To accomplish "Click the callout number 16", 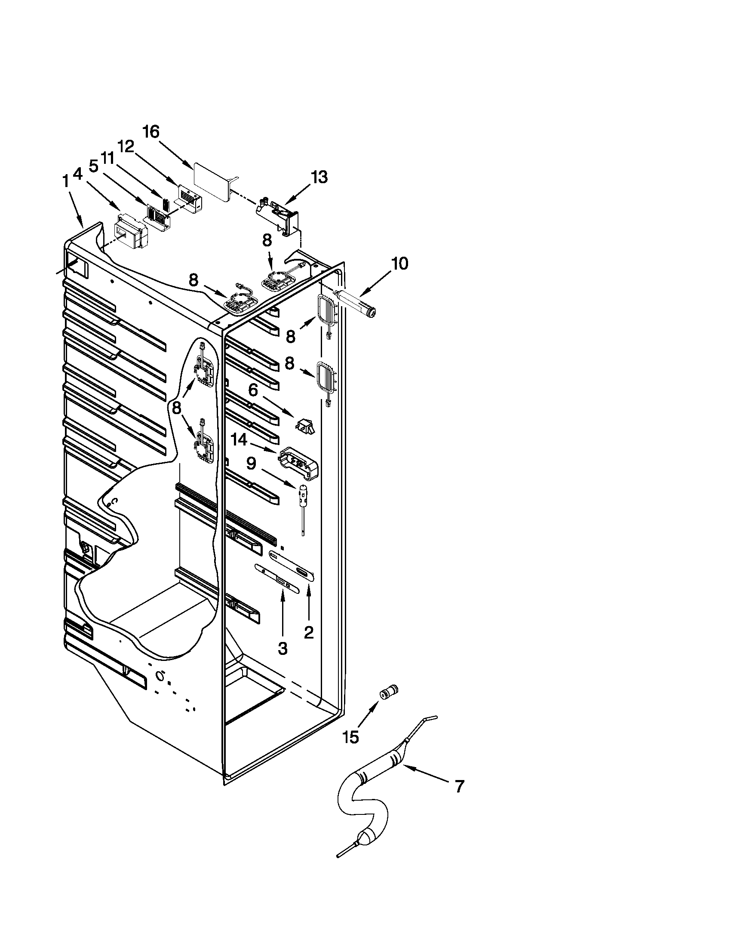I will (x=151, y=132).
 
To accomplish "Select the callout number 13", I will (x=319, y=177).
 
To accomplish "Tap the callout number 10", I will (x=399, y=263).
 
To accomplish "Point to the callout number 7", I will (x=460, y=786).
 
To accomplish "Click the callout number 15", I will (x=351, y=737).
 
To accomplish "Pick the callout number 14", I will (x=239, y=440).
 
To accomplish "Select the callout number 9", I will (x=251, y=464).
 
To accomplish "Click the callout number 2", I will (x=308, y=633).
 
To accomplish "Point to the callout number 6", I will (x=253, y=390).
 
